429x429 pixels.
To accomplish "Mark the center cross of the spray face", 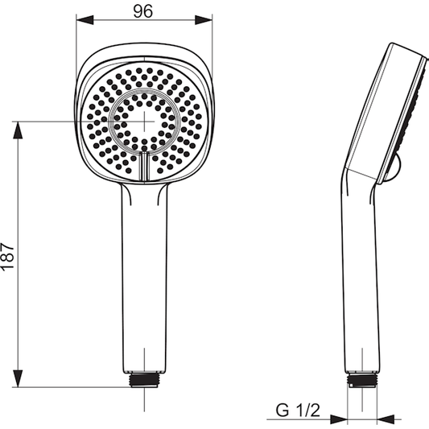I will click(145, 121).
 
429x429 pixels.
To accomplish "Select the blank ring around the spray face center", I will click(145, 96).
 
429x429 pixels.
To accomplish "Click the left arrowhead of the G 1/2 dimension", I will click(341, 419).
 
